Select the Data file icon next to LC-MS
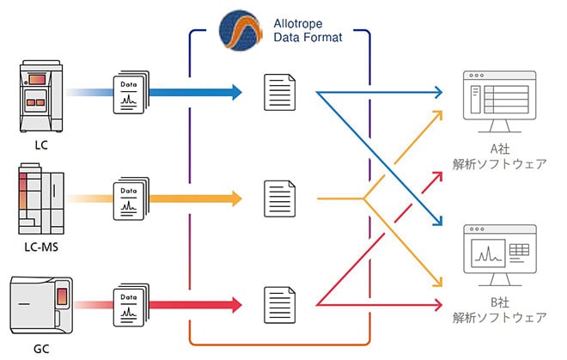pyautogui.click(x=131, y=198)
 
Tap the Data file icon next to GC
pyautogui.click(x=131, y=303)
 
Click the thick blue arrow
pyautogui.click(x=198, y=91)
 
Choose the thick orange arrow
pyautogui.click(x=198, y=198)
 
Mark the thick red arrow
pyautogui.click(x=198, y=303)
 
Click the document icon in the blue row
pyautogui.click(x=277, y=91)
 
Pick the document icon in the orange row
pyautogui.click(x=277, y=198)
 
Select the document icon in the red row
pyautogui.click(x=277, y=303)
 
